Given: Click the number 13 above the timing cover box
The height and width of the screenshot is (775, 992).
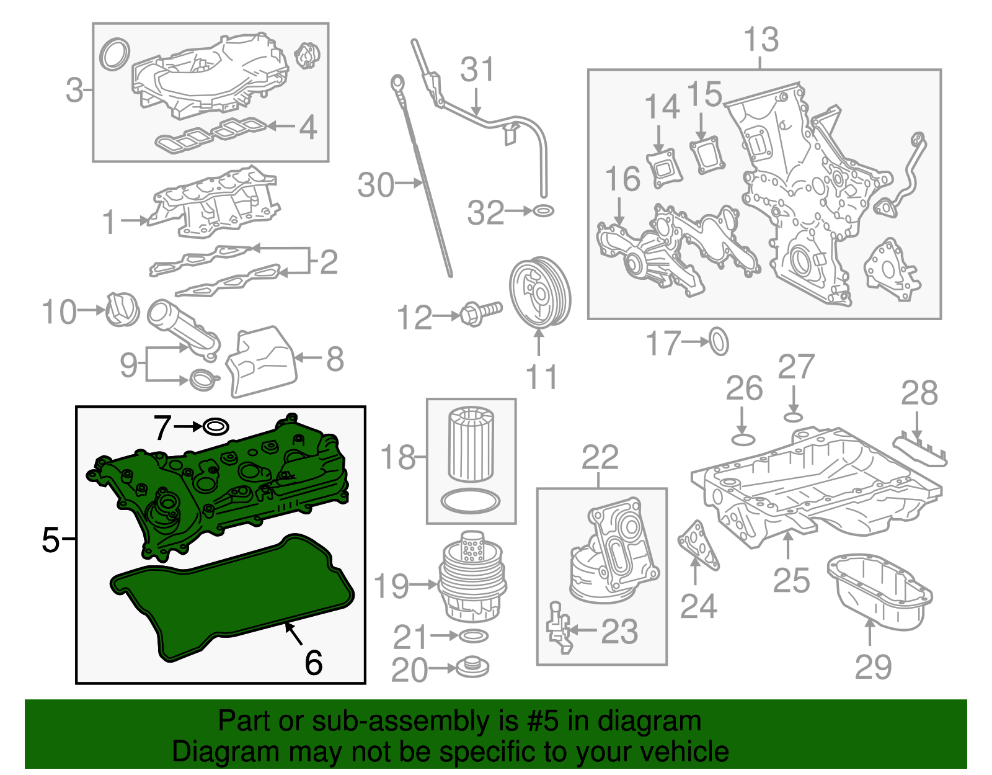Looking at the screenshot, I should coord(761,40).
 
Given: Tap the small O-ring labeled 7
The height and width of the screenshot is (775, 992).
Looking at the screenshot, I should coord(216,427).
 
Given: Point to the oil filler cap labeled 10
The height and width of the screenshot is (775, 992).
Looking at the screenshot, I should coord(122,309).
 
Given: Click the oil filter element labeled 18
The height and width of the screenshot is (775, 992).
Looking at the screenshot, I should coord(471,443).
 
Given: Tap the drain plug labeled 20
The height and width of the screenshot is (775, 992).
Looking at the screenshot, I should coord(472,668).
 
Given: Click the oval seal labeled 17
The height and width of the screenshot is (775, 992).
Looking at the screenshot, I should coord(719,341).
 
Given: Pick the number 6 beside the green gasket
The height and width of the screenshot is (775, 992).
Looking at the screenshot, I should coord(314,663).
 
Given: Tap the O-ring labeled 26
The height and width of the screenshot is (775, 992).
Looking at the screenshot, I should coord(743,439).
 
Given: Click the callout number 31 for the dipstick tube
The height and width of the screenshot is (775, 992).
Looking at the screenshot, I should coord(477,69).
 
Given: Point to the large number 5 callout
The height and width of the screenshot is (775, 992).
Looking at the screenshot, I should coord(50,539).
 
